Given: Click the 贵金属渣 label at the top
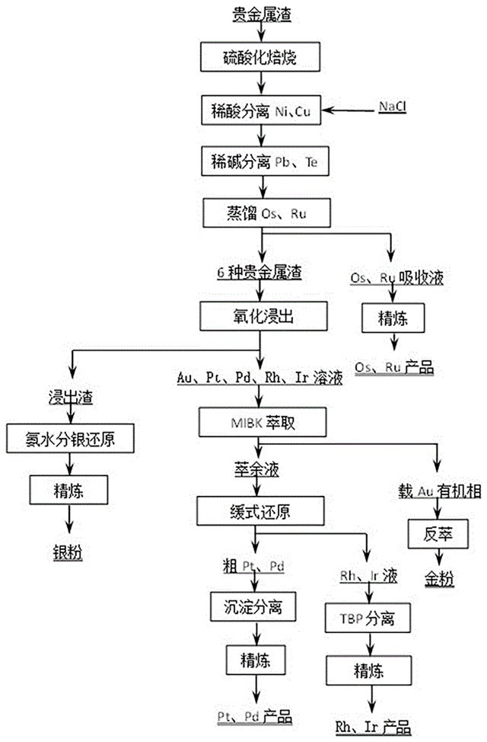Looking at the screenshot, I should point(261,13).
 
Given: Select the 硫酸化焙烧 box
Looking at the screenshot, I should point(260,56).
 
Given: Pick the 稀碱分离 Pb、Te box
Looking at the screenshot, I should point(260,162).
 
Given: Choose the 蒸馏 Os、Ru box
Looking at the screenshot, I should point(260,214).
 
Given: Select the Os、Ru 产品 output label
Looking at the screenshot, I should point(393,368).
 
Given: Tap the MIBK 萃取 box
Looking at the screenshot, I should point(260,421).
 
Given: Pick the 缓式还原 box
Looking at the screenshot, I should point(260,507).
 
